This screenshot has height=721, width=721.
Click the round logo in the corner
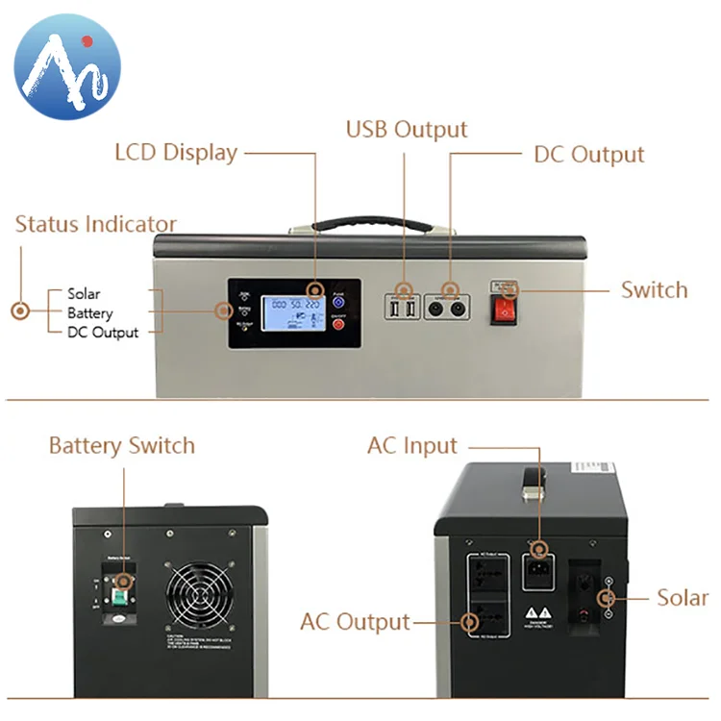pyautogui.click(x=68, y=67)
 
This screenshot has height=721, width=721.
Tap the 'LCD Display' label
pyautogui.click(x=176, y=153)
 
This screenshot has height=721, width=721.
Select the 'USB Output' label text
pyautogui.click(x=407, y=130)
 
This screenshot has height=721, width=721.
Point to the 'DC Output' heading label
pyautogui.click(x=588, y=155)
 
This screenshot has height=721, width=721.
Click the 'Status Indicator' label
pyautogui.click(x=96, y=225)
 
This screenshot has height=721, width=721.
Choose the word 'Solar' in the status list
pyautogui.click(x=84, y=294)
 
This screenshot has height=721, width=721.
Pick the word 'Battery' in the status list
pyautogui.click(x=89, y=313)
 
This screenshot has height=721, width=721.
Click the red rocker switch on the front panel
pyautogui.click(x=504, y=309)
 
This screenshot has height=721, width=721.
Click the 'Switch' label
pyautogui.click(x=654, y=290)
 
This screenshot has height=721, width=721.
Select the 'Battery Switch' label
pyautogui.click(x=122, y=446)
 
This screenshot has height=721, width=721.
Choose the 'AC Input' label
pyautogui.click(x=412, y=447)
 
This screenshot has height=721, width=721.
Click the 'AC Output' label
pyautogui.click(x=356, y=622)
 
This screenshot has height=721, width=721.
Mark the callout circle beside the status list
pyautogui.click(x=19, y=311)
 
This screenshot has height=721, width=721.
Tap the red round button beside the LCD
pyautogui.click(x=338, y=325)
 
